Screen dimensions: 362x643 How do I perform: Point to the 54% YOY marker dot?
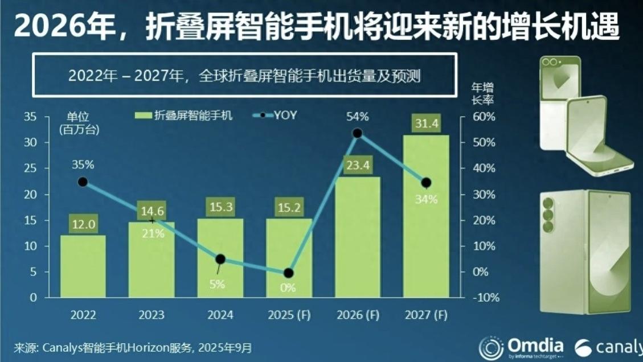pos(357,133)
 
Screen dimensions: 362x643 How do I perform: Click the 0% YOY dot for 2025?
pos(289,273)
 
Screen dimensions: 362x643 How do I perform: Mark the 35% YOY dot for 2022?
pos(83,182)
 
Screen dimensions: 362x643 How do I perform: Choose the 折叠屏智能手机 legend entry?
pos(185,116)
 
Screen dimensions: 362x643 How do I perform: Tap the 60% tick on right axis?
pos(483,117)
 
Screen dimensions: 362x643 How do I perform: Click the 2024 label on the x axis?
pos(220,315)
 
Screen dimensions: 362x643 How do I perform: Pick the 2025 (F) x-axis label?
pos(289,315)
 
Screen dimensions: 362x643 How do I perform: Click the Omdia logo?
pos(521,347)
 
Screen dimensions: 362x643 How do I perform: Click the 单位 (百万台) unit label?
pos(79,123)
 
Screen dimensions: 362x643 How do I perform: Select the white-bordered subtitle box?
pos(245,75)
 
